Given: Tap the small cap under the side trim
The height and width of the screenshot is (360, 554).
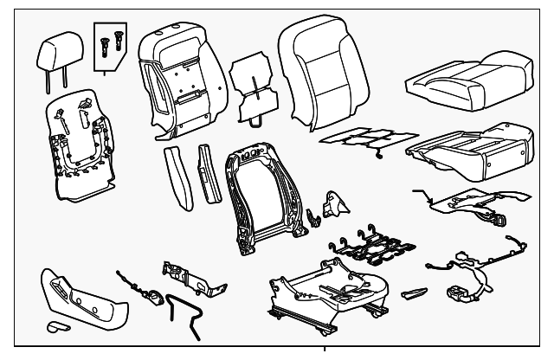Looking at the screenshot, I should (57, 326).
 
